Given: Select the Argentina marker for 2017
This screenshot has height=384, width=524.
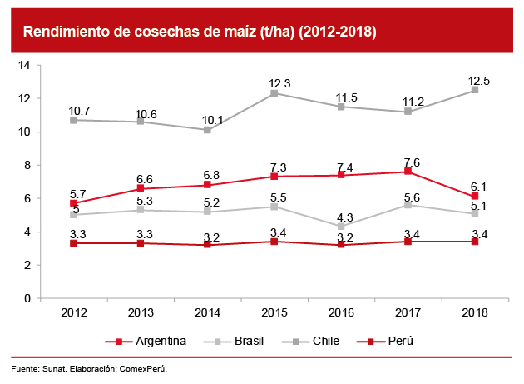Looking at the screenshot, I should [408, 172].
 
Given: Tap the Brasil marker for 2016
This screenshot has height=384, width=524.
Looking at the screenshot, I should [341, 227].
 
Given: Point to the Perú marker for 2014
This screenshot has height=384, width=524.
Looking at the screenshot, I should [207, 245].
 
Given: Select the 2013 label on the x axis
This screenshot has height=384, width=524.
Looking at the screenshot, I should [141, 312].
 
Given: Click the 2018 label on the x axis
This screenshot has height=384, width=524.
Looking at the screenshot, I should [475, 312].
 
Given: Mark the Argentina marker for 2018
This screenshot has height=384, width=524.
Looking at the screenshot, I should [475, 197].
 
